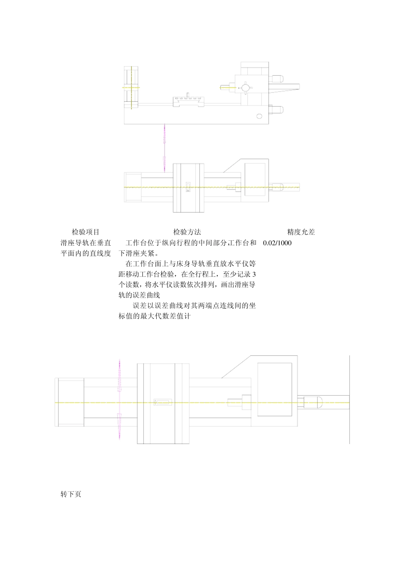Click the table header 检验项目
(86, 232)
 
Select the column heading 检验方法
(187, 232)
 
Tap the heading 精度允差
(301, 232)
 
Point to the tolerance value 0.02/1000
(277, 243)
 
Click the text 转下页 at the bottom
(71, 494)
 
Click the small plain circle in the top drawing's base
(259, 116)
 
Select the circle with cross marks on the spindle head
(245, 87)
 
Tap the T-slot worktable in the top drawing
(188, 101)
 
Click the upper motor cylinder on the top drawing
(277, 78)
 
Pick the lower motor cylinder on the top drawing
(277, 110)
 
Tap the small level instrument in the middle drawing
(188, 187)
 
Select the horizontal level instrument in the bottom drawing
(163, 402)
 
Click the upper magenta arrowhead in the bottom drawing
(120, 376)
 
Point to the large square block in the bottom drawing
(274, 389)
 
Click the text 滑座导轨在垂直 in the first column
(86, 243)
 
